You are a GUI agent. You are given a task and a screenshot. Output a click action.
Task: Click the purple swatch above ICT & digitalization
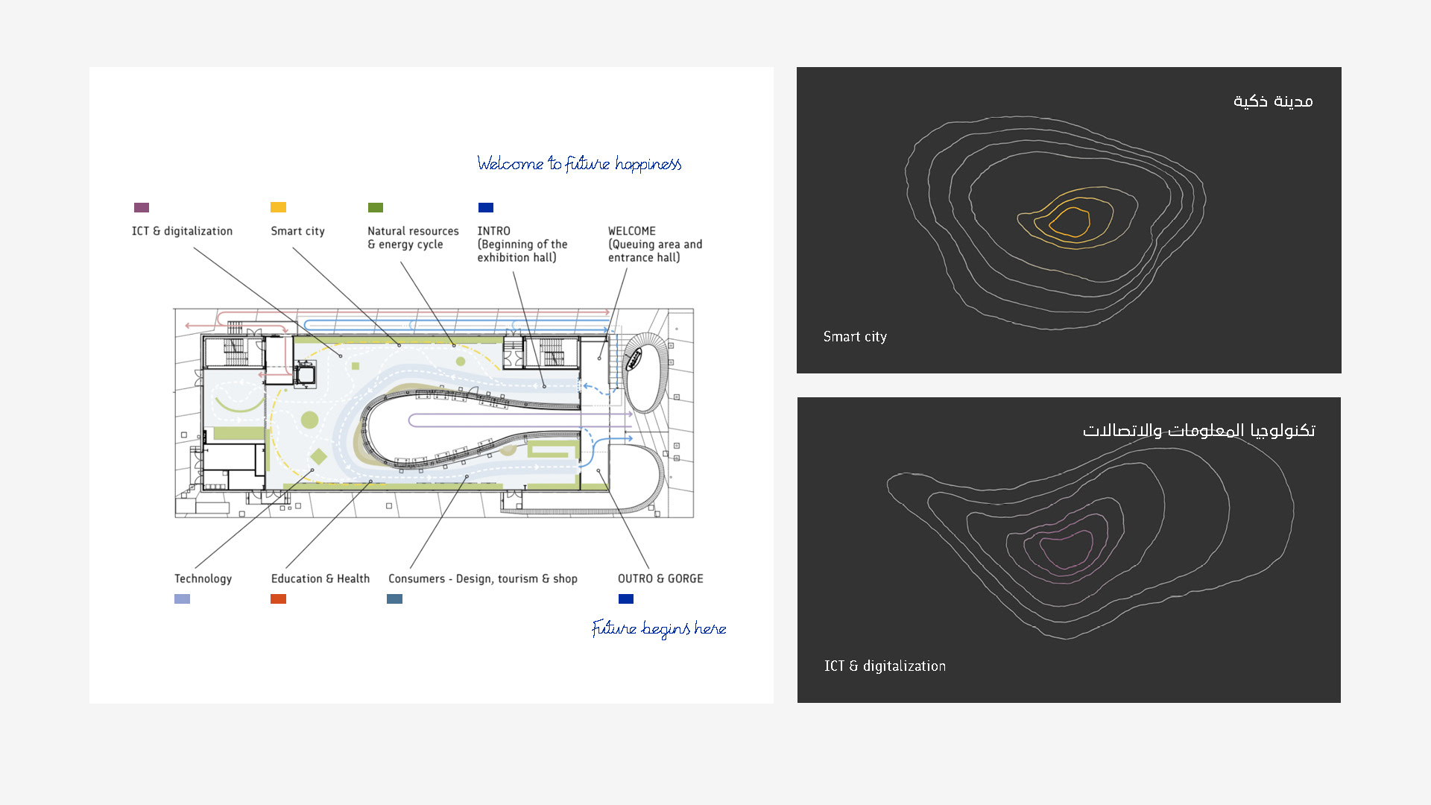[x=142, y=207]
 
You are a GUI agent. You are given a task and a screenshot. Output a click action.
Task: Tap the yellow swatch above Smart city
[x=278, y=207]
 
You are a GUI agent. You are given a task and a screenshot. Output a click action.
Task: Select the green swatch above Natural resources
[x=376, y=207]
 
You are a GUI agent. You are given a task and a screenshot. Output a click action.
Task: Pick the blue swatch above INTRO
[x=486, y=207]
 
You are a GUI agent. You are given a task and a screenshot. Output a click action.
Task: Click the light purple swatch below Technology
[x=182, y=599]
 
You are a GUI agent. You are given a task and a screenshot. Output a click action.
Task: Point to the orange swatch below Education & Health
[x=278, y=599]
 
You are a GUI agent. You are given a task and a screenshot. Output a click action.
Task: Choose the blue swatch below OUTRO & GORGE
[x=626, y=599]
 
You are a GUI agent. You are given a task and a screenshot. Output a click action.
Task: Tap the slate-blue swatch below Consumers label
[x=395, y=599]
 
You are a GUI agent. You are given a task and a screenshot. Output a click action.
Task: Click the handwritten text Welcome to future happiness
[x=579, y=164]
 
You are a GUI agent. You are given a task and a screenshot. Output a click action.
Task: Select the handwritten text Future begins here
[x=659, y=628]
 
